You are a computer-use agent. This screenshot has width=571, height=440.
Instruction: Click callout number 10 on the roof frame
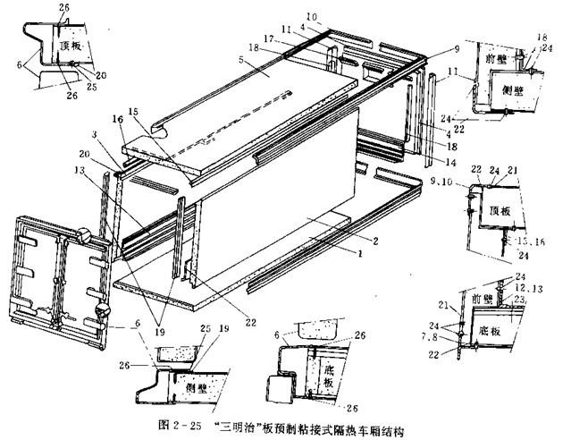coord(312,17)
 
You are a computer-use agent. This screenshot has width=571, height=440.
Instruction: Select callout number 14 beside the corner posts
coord(438,163)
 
